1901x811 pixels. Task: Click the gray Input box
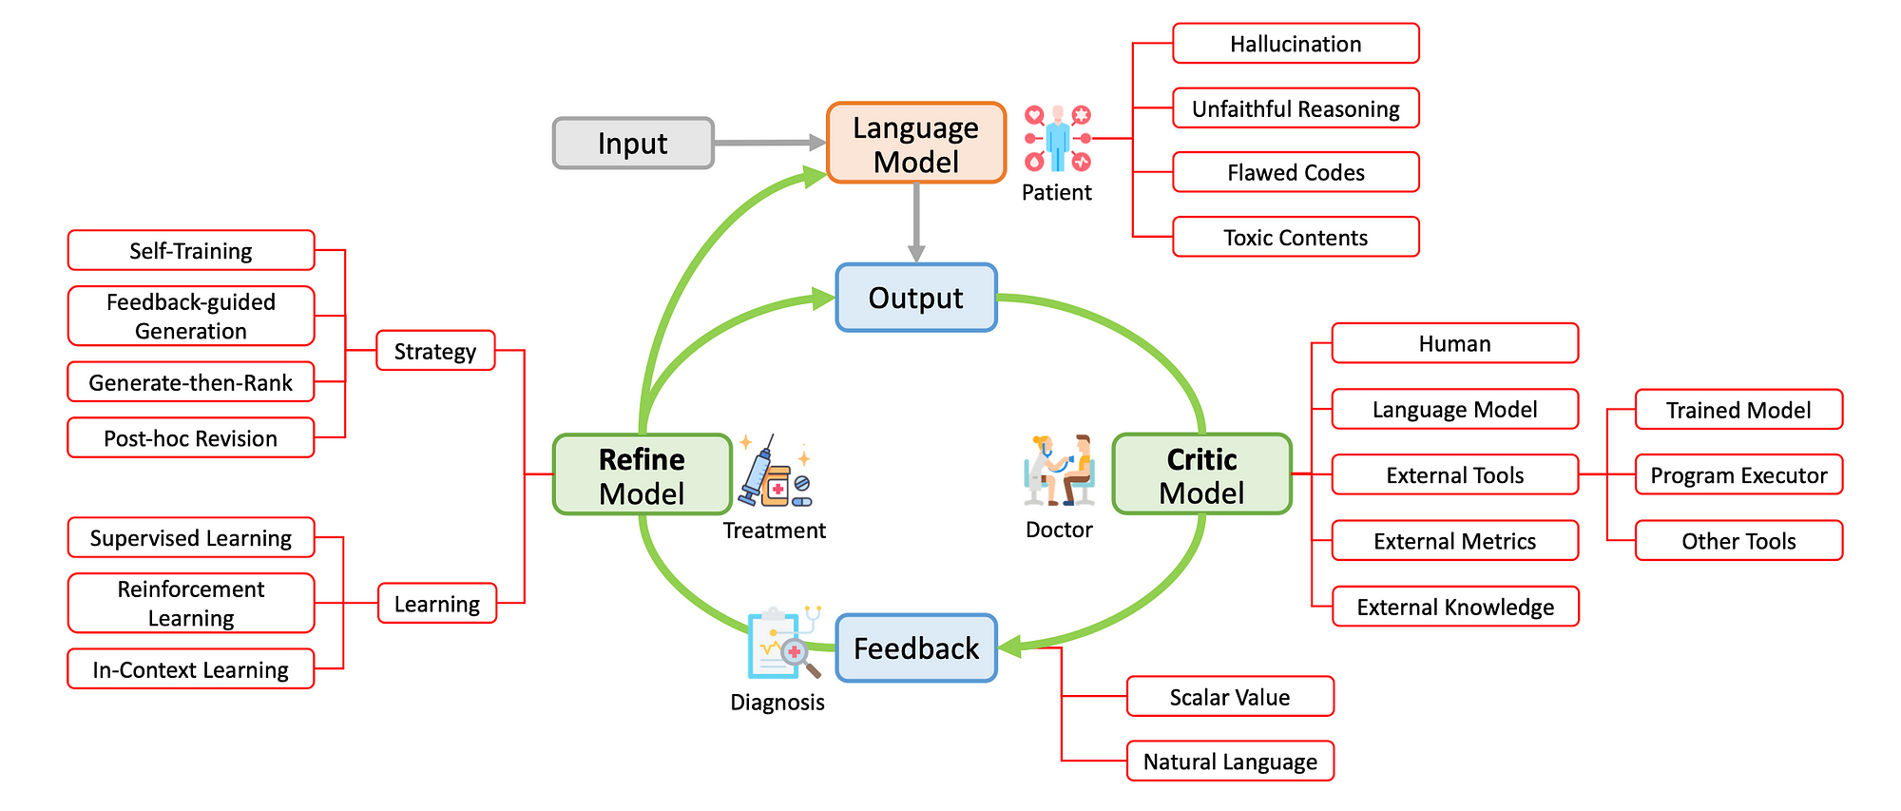click(x=633, y=144)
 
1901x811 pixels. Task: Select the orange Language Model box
click(x=916, y=143)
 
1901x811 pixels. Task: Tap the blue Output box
click(x=916, y=298)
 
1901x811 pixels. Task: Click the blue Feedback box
click(x=916, y=648)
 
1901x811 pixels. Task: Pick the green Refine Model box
click(x=643, y=474)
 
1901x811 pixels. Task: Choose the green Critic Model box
click(x=1202, y=474)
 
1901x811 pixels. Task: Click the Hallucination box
click(x=1296, y=44)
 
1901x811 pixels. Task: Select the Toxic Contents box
click(x=1296, y=237)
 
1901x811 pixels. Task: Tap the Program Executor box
click(x=1738, y=474)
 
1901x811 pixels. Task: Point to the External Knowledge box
click(x=1455, y=607)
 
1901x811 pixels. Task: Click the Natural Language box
click(x=1230, y=761)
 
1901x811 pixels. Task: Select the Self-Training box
click(x=191, y=250)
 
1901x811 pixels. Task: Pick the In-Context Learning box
click(x=191, y=668)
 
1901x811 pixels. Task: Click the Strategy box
click(x=435, y=351)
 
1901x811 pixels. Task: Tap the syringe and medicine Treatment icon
click(x=775, y=472)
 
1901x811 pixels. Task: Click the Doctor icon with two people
click(x=1059, y=471)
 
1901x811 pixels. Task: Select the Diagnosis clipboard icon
click(x=783, y=643)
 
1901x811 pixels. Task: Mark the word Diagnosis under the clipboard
click(x=778, y=703)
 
